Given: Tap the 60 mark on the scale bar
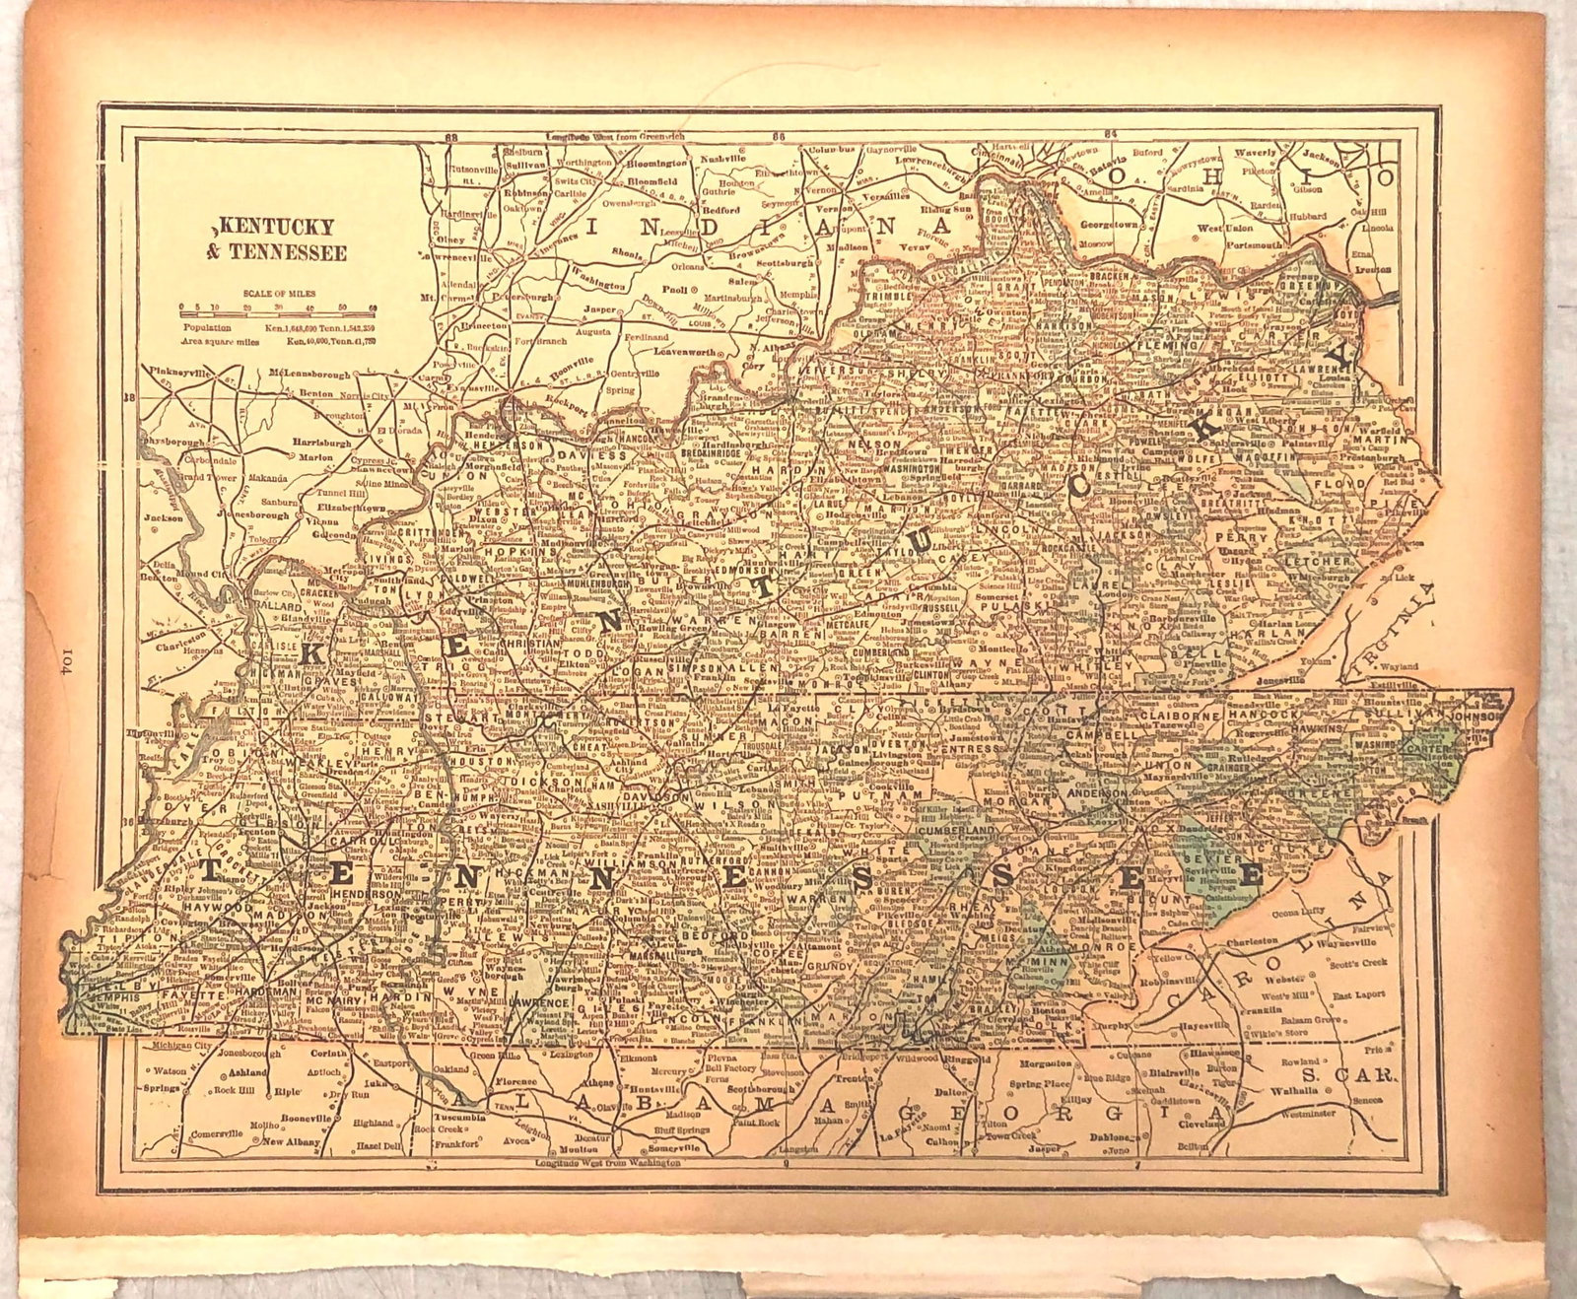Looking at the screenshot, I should pos(373,309).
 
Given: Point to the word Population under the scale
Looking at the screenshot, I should pos(206,326).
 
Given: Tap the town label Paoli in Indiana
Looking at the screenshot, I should pos(676,290).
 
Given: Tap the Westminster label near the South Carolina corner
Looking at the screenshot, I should pos(1308,1113).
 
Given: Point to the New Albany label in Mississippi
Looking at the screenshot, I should pos(290,1142).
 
